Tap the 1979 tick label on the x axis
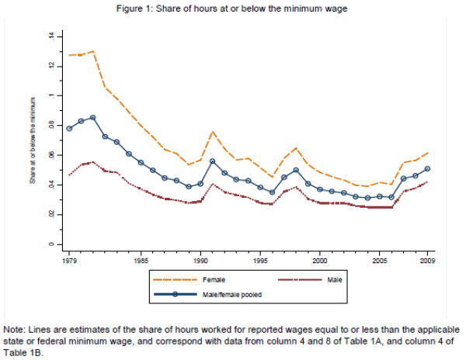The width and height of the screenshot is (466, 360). click(69, 261)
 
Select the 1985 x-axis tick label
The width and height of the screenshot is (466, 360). click(141, 261)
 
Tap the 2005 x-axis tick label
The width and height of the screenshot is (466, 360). click(379, 261)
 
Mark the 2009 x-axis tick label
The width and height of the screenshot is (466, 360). click(426, 261)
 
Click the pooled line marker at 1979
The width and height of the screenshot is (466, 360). click(69, 129)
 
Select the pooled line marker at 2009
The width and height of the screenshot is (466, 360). click(426, 168)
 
